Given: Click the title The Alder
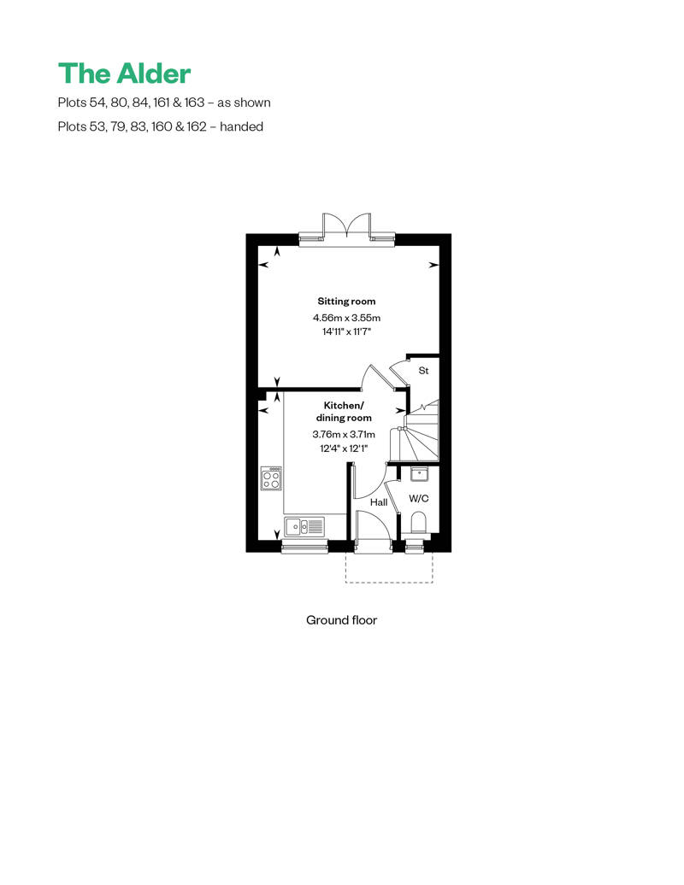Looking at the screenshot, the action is [124, 73].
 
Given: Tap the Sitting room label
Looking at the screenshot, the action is [346, 302].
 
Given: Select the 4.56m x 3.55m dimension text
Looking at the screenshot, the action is [346, 318].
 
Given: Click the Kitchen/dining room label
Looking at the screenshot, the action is [344, 412].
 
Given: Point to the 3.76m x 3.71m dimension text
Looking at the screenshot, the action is [344, 435].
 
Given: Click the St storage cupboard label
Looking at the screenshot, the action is [423, 371].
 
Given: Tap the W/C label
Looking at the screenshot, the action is [419, 499].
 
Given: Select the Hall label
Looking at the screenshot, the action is [379, 502].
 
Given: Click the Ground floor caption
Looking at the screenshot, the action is [341, 620].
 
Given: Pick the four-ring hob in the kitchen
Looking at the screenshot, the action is [271, 478].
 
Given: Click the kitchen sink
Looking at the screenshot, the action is [304, 527].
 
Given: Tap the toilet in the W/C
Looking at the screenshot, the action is [419, 522].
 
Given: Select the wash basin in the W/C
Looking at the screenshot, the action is [419, 475].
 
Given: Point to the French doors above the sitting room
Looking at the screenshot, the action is [347, 228].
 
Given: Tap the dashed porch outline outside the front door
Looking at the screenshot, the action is [389, 582].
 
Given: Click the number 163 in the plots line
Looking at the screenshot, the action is [194, 103].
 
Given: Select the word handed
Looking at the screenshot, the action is [241, 126].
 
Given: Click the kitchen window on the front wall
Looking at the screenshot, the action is [304, 546].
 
